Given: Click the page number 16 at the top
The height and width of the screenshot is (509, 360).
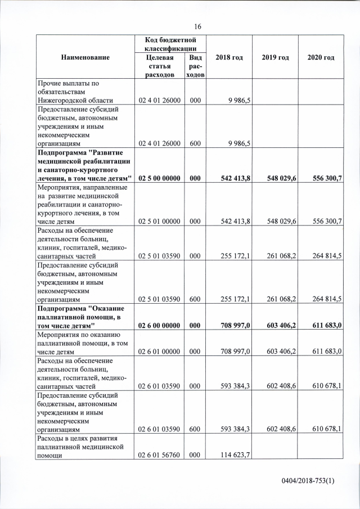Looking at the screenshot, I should coord(197,26).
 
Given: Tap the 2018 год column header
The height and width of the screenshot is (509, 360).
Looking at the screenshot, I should coord(229,58).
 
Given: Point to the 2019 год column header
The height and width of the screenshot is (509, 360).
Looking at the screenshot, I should coord(275,58).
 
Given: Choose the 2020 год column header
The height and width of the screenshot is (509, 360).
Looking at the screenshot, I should coord(321,58).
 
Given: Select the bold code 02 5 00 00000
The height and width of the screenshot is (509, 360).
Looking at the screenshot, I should coord(159,178).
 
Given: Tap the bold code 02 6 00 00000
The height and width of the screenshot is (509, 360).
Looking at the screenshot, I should coord(159,326).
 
